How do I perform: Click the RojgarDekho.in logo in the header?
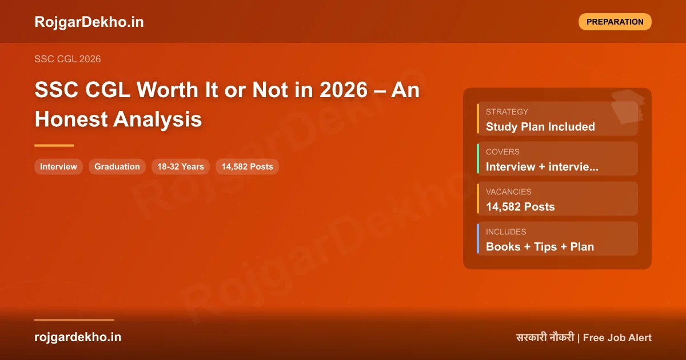89,22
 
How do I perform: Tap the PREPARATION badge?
615,22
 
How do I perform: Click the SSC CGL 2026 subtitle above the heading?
67,59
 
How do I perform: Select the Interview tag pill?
58,167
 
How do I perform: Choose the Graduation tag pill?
117,167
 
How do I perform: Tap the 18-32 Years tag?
181,167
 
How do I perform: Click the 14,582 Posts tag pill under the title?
247,167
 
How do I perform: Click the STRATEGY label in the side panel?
507,112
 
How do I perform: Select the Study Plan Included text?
540,127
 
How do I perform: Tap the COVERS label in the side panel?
502,152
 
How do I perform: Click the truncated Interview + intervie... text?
542,167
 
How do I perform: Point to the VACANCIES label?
508,192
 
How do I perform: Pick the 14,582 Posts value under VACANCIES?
520,207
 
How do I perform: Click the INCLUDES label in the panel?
506,232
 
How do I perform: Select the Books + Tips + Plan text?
540,247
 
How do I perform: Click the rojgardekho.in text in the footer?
78,337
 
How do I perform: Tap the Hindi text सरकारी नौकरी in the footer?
545,338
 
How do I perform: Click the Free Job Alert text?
617,338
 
